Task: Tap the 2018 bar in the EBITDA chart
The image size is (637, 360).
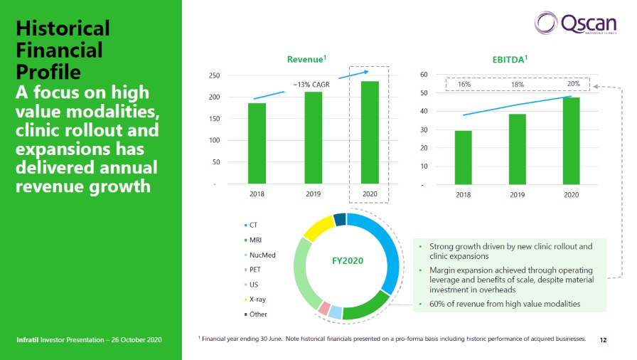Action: coord(463,158)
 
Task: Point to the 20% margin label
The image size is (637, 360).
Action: coord(573,84)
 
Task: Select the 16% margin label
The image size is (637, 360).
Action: coord(464,84)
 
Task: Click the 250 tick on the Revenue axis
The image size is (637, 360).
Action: coord(214,75)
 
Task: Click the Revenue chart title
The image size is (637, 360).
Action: coord(306,60)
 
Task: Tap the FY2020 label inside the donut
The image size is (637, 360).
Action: coord(348,260)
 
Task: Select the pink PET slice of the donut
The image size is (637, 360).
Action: coord(323,308)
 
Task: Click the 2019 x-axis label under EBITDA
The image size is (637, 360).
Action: coord(517,194)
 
